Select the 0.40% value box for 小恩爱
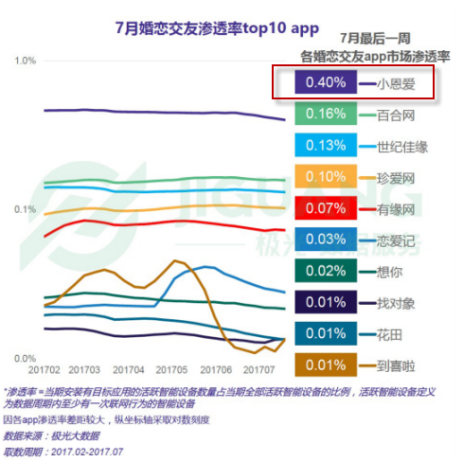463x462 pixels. pos(325,83)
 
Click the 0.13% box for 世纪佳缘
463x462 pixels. pos(325,146)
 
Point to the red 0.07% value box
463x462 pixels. pos(325,207)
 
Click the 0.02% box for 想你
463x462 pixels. pos(325,270)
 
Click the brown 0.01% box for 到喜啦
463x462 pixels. pos(325,364)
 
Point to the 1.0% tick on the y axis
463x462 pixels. pos(26,62)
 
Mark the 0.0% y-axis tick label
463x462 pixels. pos(26,358)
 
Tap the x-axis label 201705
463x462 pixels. pos(170,369)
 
